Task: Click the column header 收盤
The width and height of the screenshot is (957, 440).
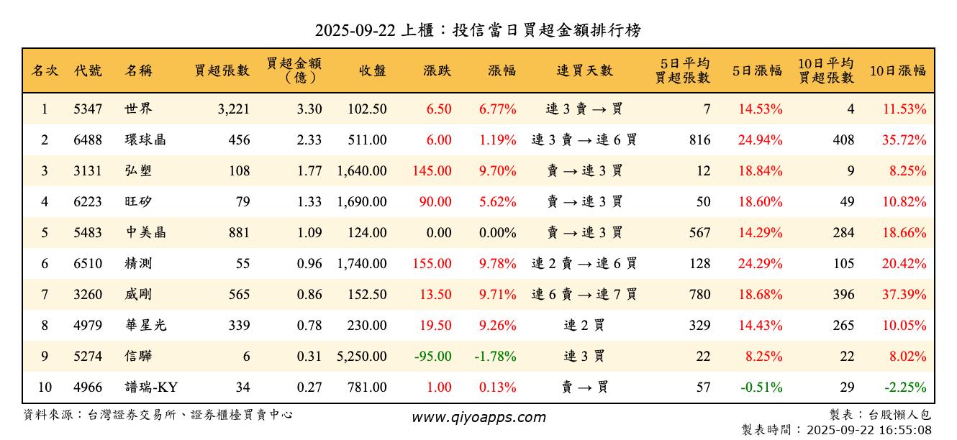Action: click(371, 70)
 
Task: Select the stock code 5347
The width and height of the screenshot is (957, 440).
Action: click(88, 109)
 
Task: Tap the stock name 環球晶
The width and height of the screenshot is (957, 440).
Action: click(145, 140)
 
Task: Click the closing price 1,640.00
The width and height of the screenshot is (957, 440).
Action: click(362, 171)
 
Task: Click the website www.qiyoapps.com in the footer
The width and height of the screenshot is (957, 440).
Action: click(478, 417)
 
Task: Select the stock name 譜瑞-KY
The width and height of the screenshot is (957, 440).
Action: click(151, 388)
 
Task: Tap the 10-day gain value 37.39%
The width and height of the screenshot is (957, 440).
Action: click(904, 295)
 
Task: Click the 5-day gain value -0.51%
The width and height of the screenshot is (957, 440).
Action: click(761, 388)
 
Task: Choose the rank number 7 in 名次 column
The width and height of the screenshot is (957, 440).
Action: click(45, 295)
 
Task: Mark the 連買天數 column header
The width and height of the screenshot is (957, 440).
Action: click(584, 70)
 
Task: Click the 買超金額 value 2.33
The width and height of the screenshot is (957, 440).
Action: click(309, 140)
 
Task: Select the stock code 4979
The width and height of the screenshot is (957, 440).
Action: click(88, 326)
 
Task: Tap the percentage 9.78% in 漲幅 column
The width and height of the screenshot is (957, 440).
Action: click(498, 264)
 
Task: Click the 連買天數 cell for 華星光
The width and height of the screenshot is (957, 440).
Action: click(584, 326)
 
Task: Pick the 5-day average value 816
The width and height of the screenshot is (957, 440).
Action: click(699, 140)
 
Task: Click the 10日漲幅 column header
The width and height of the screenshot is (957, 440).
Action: click(898, 70)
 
